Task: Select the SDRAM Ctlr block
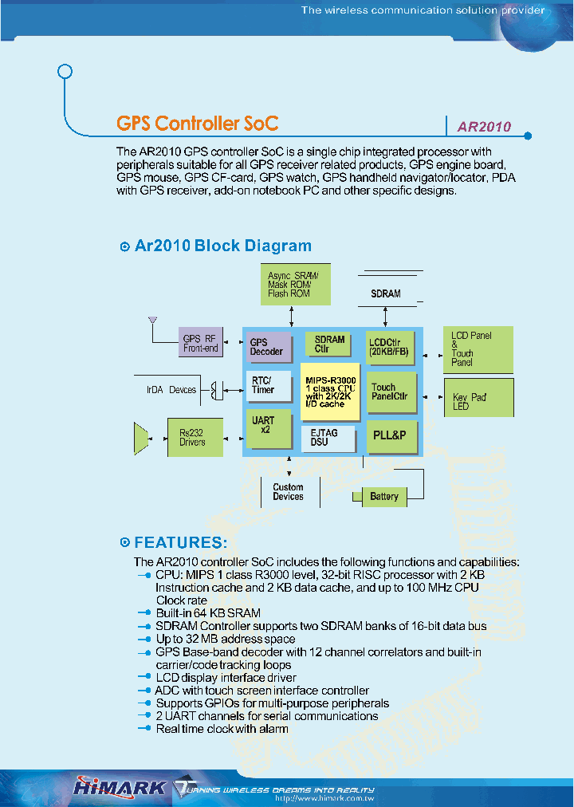pos(328,344)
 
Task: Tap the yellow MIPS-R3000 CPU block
pos(331,392)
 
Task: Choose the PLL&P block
pos(391,435)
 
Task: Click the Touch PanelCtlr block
pos(391,392)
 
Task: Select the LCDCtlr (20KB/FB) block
pos(391,347)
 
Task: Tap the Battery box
pos(383,496)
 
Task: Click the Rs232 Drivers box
pos(195,437)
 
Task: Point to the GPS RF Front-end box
pos(200,344)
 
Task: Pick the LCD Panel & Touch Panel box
pos(478,349)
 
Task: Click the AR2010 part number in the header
pos(483,126)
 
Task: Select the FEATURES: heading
pos(180,543)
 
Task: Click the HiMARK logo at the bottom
pos(120,787)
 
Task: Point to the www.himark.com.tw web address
pos(324,798)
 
